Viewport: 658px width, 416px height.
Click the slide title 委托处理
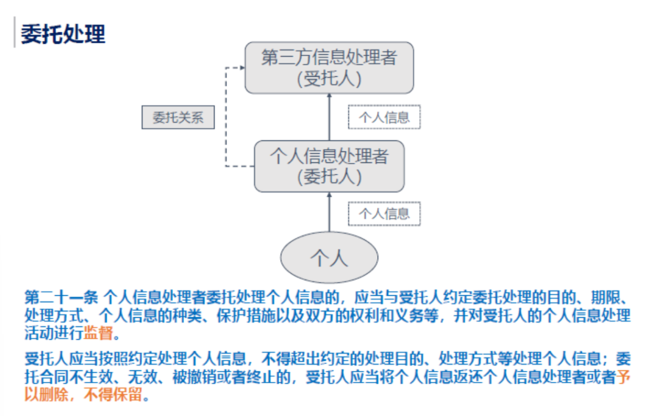(x=63, y=34)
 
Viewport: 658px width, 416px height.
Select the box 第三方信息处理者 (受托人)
(x=330, y=68)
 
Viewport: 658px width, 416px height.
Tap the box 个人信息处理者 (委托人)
(x=330, y=167)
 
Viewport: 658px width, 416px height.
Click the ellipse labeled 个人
(x=330, y=257)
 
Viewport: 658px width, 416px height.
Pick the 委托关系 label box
(x=178, y=117)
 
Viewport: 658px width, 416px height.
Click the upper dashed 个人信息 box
(x=384, y=117)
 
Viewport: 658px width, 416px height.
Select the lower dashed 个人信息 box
(x=384, y=214)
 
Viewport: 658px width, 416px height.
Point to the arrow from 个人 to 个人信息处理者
(x=330, y=212)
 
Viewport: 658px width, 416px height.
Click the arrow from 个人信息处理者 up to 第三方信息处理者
(x=330, y=117)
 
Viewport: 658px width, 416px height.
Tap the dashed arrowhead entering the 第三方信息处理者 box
(x=242, y=67)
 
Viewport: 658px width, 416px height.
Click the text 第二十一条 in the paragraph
(x=62, y=298)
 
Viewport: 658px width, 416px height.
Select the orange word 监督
(x=98, y=333)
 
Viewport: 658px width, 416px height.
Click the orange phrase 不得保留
(x=113, y=395)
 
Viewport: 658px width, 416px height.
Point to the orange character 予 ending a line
(x=624, y=376)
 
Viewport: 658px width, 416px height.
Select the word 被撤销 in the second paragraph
(x=194, y=376)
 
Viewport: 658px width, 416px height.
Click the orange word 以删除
(x=46, y=395)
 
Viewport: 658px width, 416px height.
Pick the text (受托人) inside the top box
(x=330, y=79)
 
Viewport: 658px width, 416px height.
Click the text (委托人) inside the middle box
(x=330, y=177)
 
